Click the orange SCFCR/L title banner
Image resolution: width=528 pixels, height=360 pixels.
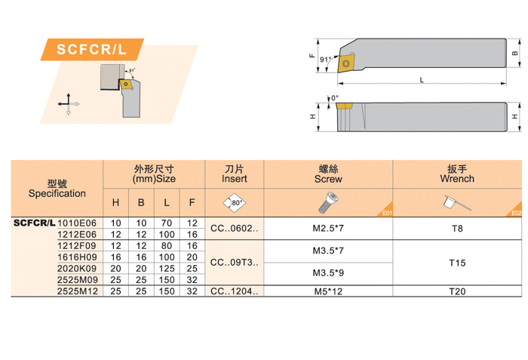[x=92, y=49]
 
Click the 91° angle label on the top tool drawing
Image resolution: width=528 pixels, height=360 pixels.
[x=325, y=60]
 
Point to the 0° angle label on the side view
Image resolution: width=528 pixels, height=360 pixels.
[x=334, y=98]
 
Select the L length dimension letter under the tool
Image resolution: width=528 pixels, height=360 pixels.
[x=422, y=80]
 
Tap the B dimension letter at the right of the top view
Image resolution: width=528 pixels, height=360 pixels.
[x=515, y=54]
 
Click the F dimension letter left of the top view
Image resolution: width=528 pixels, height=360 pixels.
[x=312, y=56]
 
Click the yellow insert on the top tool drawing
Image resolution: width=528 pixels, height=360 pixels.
[x=346, y=63]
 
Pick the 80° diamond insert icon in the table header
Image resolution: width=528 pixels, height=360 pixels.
[x=235, y=202]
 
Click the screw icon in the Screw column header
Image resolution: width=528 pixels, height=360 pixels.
[x=328, y=202]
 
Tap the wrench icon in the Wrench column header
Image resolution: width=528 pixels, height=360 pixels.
[x=457, y=203]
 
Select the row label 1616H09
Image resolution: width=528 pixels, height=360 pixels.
[x=77, y=257]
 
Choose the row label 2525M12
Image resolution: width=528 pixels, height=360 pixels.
[x=78, y=291]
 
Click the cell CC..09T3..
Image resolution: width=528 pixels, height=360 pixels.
[x=235, y=262]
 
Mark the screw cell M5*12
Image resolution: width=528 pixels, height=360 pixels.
[x=328, y=291]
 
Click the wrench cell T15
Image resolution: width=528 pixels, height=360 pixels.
[x=457, y=263]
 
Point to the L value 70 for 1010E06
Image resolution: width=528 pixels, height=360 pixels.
[x=167, y=223]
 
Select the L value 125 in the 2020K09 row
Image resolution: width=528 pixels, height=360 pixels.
[x=167, y=269]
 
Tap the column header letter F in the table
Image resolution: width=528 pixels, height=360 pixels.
[x=192, y=202]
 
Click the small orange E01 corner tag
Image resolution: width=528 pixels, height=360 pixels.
[x=386, y=211]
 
